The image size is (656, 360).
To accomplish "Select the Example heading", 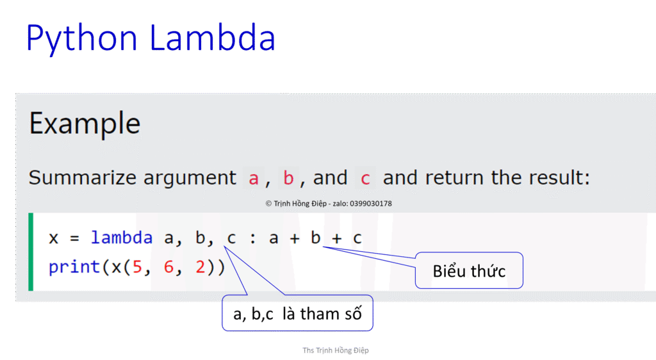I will point(85,123).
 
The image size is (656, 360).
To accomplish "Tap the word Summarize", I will point(83,178).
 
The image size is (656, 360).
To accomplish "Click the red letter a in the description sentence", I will point(254,178).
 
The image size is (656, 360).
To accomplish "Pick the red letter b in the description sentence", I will point(288,178).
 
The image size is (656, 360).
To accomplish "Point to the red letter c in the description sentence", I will point(365,178).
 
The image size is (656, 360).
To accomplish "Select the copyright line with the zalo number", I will point(329,204).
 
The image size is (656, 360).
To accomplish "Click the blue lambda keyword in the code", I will point(122,238).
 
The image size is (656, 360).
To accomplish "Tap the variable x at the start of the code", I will point(54,239).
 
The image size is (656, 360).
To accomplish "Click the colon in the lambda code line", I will point(252,239).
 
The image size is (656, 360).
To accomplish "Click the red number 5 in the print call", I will point(137,266).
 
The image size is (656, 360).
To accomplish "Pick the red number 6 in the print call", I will point(169,266).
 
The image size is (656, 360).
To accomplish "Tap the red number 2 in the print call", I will point(201,266).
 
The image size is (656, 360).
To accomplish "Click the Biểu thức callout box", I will point(469,271).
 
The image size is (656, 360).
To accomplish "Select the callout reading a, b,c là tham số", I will point(297,314).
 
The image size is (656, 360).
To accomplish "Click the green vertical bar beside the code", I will point(30,252).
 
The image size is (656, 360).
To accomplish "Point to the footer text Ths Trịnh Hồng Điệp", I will point(336,350).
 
